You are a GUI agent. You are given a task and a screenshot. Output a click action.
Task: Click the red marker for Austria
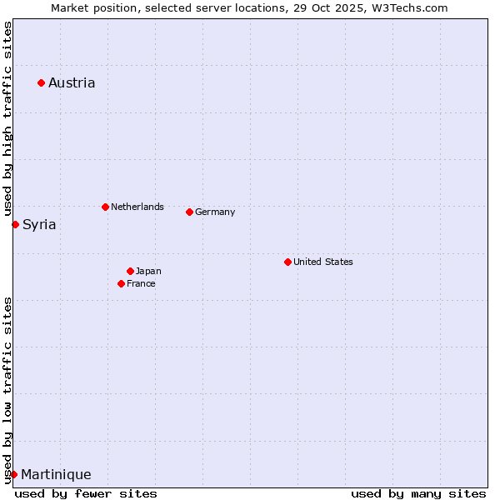coord(41,82)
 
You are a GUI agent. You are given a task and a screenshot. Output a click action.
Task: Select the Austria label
coord(72,82)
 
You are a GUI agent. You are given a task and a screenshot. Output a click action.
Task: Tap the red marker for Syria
coord(15,224)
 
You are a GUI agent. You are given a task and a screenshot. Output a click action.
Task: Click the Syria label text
coord(39,224)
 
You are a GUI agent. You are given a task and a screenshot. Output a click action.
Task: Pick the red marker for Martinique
coord(13,474)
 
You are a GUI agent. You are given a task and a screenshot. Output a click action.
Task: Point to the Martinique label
coord(56,474)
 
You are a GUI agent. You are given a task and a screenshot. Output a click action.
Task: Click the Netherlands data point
coord(105,207)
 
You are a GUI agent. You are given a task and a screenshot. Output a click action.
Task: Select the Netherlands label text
coord(137,207)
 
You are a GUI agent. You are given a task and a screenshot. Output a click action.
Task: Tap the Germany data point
coord(189,212)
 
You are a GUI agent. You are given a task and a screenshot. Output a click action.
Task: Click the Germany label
coord(215,212)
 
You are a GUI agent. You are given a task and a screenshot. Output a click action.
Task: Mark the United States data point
coord(287,262)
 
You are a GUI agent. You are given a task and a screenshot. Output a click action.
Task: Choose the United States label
coord(323,262)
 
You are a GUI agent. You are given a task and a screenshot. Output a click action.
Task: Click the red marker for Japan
coord(130,271)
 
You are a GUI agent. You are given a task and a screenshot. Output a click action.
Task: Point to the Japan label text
coord(148,271)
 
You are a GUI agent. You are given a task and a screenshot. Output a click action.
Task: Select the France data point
coord(121,283)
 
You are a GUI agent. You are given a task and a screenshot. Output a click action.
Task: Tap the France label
coord(141,283)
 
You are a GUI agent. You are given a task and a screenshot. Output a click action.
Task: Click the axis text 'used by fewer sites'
coord(86,493)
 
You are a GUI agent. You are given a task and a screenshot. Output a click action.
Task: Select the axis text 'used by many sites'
coord(418,493)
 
